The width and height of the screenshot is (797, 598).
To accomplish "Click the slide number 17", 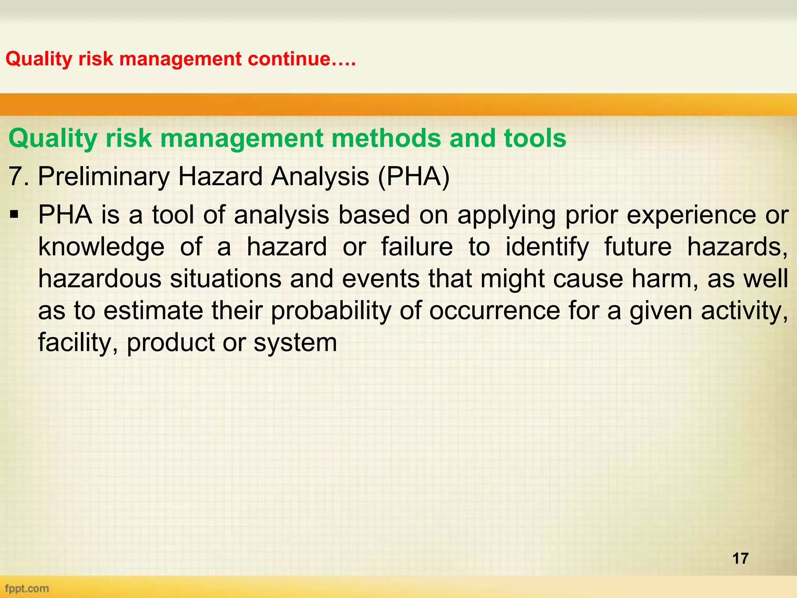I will point(740,558).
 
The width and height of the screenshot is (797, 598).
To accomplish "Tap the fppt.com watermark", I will point(27,588).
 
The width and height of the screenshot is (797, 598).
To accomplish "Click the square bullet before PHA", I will point(15,215).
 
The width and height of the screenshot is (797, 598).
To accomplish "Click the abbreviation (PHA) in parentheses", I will point(414,176).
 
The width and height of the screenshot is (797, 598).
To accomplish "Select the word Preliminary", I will point(104,176).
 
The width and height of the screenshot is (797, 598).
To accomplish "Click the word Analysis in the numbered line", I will point(320,176).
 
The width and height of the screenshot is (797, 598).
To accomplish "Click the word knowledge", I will point(101,247).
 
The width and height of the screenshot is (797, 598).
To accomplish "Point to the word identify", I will point(547,247).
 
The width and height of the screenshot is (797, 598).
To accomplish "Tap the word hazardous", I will point(100,279).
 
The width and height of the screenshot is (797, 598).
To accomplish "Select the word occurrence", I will point(494,311).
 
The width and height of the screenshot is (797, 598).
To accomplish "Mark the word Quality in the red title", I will point(39,59).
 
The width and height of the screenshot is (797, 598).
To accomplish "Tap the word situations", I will point(226,279).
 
